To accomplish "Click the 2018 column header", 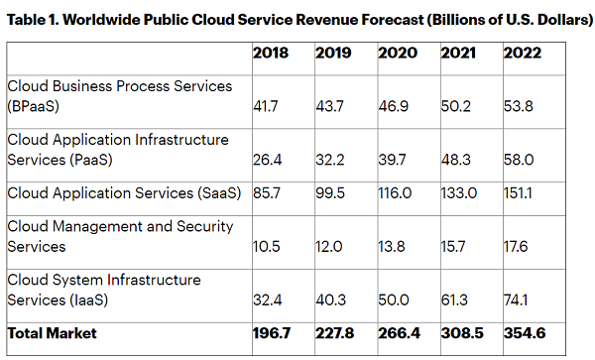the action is tap(271, 53).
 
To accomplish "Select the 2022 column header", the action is tap(523, 53).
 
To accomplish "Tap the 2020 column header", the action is tap(398, 53).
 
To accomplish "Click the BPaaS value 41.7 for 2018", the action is tap(266, 106).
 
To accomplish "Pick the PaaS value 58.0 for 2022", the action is tap(519, 160).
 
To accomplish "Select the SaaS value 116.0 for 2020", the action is tap(395, 193).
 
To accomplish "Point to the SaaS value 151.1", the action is tap(518, 193).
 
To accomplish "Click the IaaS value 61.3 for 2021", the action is tap(454, 300).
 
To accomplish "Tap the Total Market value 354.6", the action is tap(525, 333).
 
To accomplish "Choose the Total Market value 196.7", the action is tap(272, 333).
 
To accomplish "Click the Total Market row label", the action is tap(52, 333).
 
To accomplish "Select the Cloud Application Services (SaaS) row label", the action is tap(124, 193).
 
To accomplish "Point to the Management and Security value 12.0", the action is tap(329, 247).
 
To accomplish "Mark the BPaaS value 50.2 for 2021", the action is tap(456, 106).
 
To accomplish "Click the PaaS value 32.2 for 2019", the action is tap(330, 160).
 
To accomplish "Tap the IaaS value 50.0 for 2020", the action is tap(394, 300).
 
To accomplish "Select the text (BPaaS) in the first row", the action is tap(34, 106).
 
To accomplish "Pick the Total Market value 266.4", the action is tap(400, 333).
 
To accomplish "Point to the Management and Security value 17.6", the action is tap(516, 247).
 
